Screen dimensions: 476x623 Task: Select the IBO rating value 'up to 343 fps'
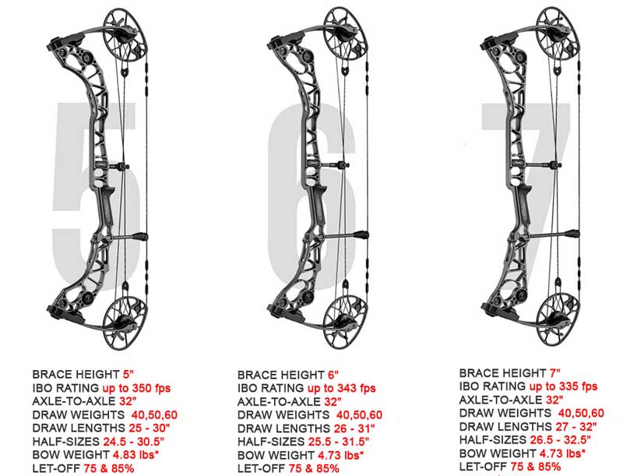(343, 387)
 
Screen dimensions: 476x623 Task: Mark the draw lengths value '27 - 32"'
(579, 427)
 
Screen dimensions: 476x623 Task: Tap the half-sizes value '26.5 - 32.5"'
(575, 441)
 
